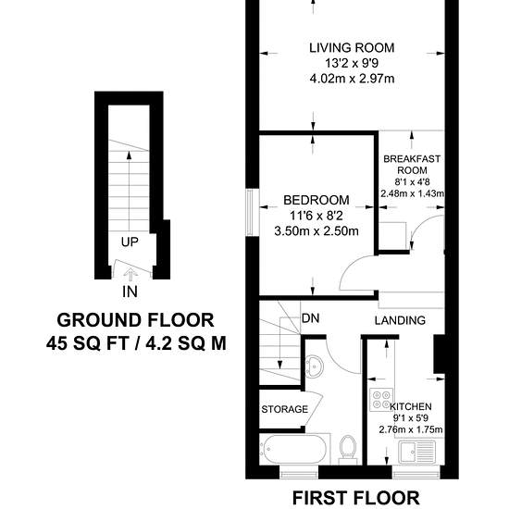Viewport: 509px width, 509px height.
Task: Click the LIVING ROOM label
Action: pos(352,48)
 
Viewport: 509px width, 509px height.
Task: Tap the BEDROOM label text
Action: pos(317,200)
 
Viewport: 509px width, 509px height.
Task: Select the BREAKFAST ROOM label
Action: pos(412,165)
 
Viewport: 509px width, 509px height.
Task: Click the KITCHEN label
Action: pos(411,406)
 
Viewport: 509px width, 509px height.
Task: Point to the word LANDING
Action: pos(400,320)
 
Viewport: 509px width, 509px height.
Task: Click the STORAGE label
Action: pos(285,409)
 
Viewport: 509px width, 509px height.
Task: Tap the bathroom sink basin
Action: pos(315,366)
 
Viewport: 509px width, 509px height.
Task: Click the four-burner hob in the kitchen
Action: pos(381,400)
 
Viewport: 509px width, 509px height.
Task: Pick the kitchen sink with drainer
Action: pos(417,452)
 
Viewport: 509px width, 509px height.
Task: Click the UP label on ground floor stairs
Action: pos(130,242)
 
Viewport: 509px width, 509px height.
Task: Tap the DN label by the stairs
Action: pos(310,318)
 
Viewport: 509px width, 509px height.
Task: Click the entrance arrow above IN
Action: pos(130,275)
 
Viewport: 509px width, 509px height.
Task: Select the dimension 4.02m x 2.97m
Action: pos(353,79)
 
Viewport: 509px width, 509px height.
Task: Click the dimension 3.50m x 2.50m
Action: pos(317,231)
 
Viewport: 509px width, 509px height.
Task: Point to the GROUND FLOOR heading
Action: pos(135,320)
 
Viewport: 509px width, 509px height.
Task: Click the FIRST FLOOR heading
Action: pos(355,498)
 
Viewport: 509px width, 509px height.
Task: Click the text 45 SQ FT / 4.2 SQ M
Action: pos(136,343)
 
